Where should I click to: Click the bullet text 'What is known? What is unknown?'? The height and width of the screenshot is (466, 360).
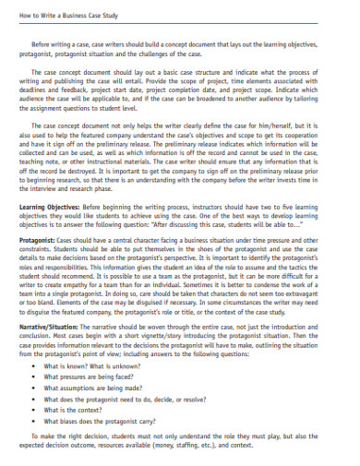coord(89,391)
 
